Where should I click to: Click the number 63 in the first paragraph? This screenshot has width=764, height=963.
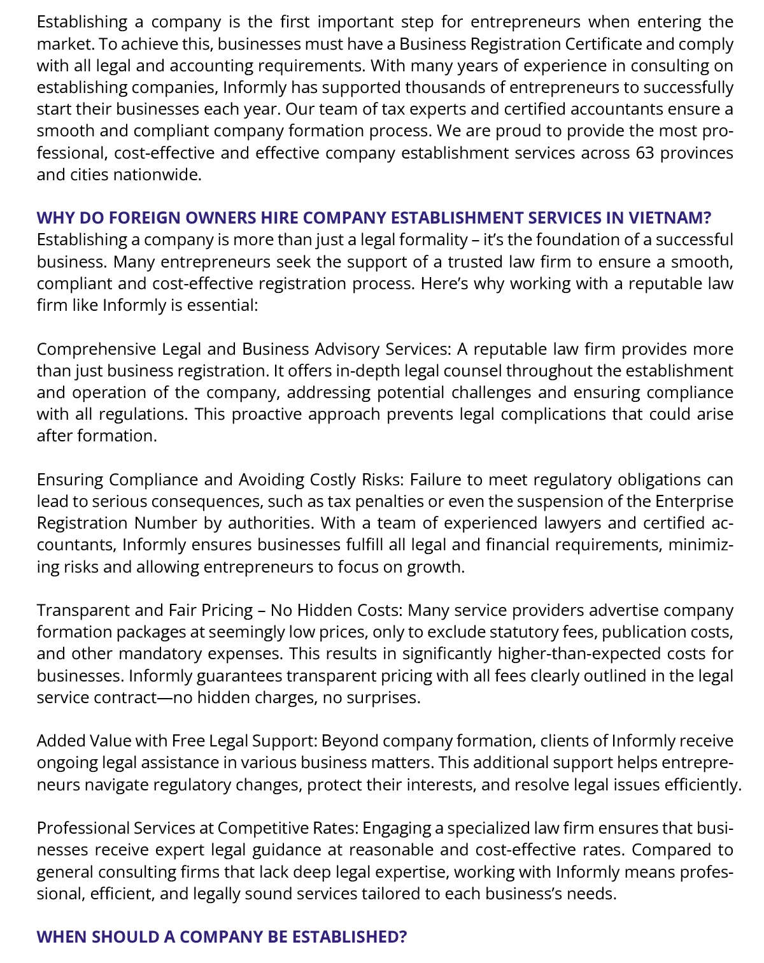click(x=644, y=153)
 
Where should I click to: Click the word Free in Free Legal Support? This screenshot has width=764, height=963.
click(x=188, y=741)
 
